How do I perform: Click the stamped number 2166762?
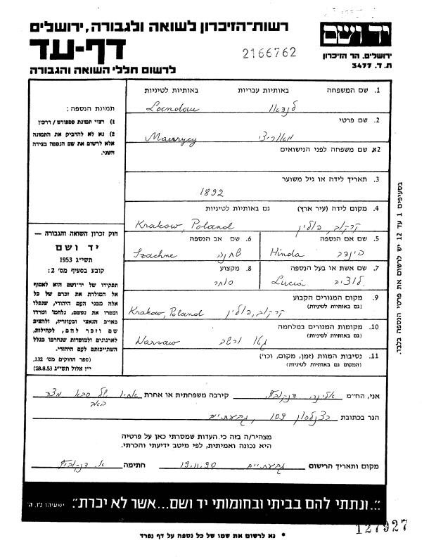coord(269,53)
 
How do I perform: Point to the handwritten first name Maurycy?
coord(168,139)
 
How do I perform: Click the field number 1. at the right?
coord(377,91)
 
